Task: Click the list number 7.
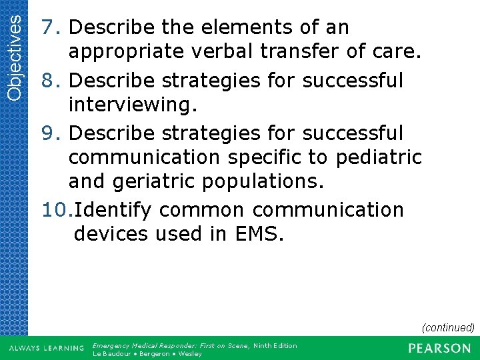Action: click(51, 28)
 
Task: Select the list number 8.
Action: click(51, 80)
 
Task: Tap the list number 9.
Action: click(51, 133)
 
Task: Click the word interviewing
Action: click(125, 105)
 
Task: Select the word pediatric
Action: click(379, 157)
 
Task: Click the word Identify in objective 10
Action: click(113, 210)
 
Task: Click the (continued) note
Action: click(447, 327)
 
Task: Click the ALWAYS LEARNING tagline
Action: click(46, 348)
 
